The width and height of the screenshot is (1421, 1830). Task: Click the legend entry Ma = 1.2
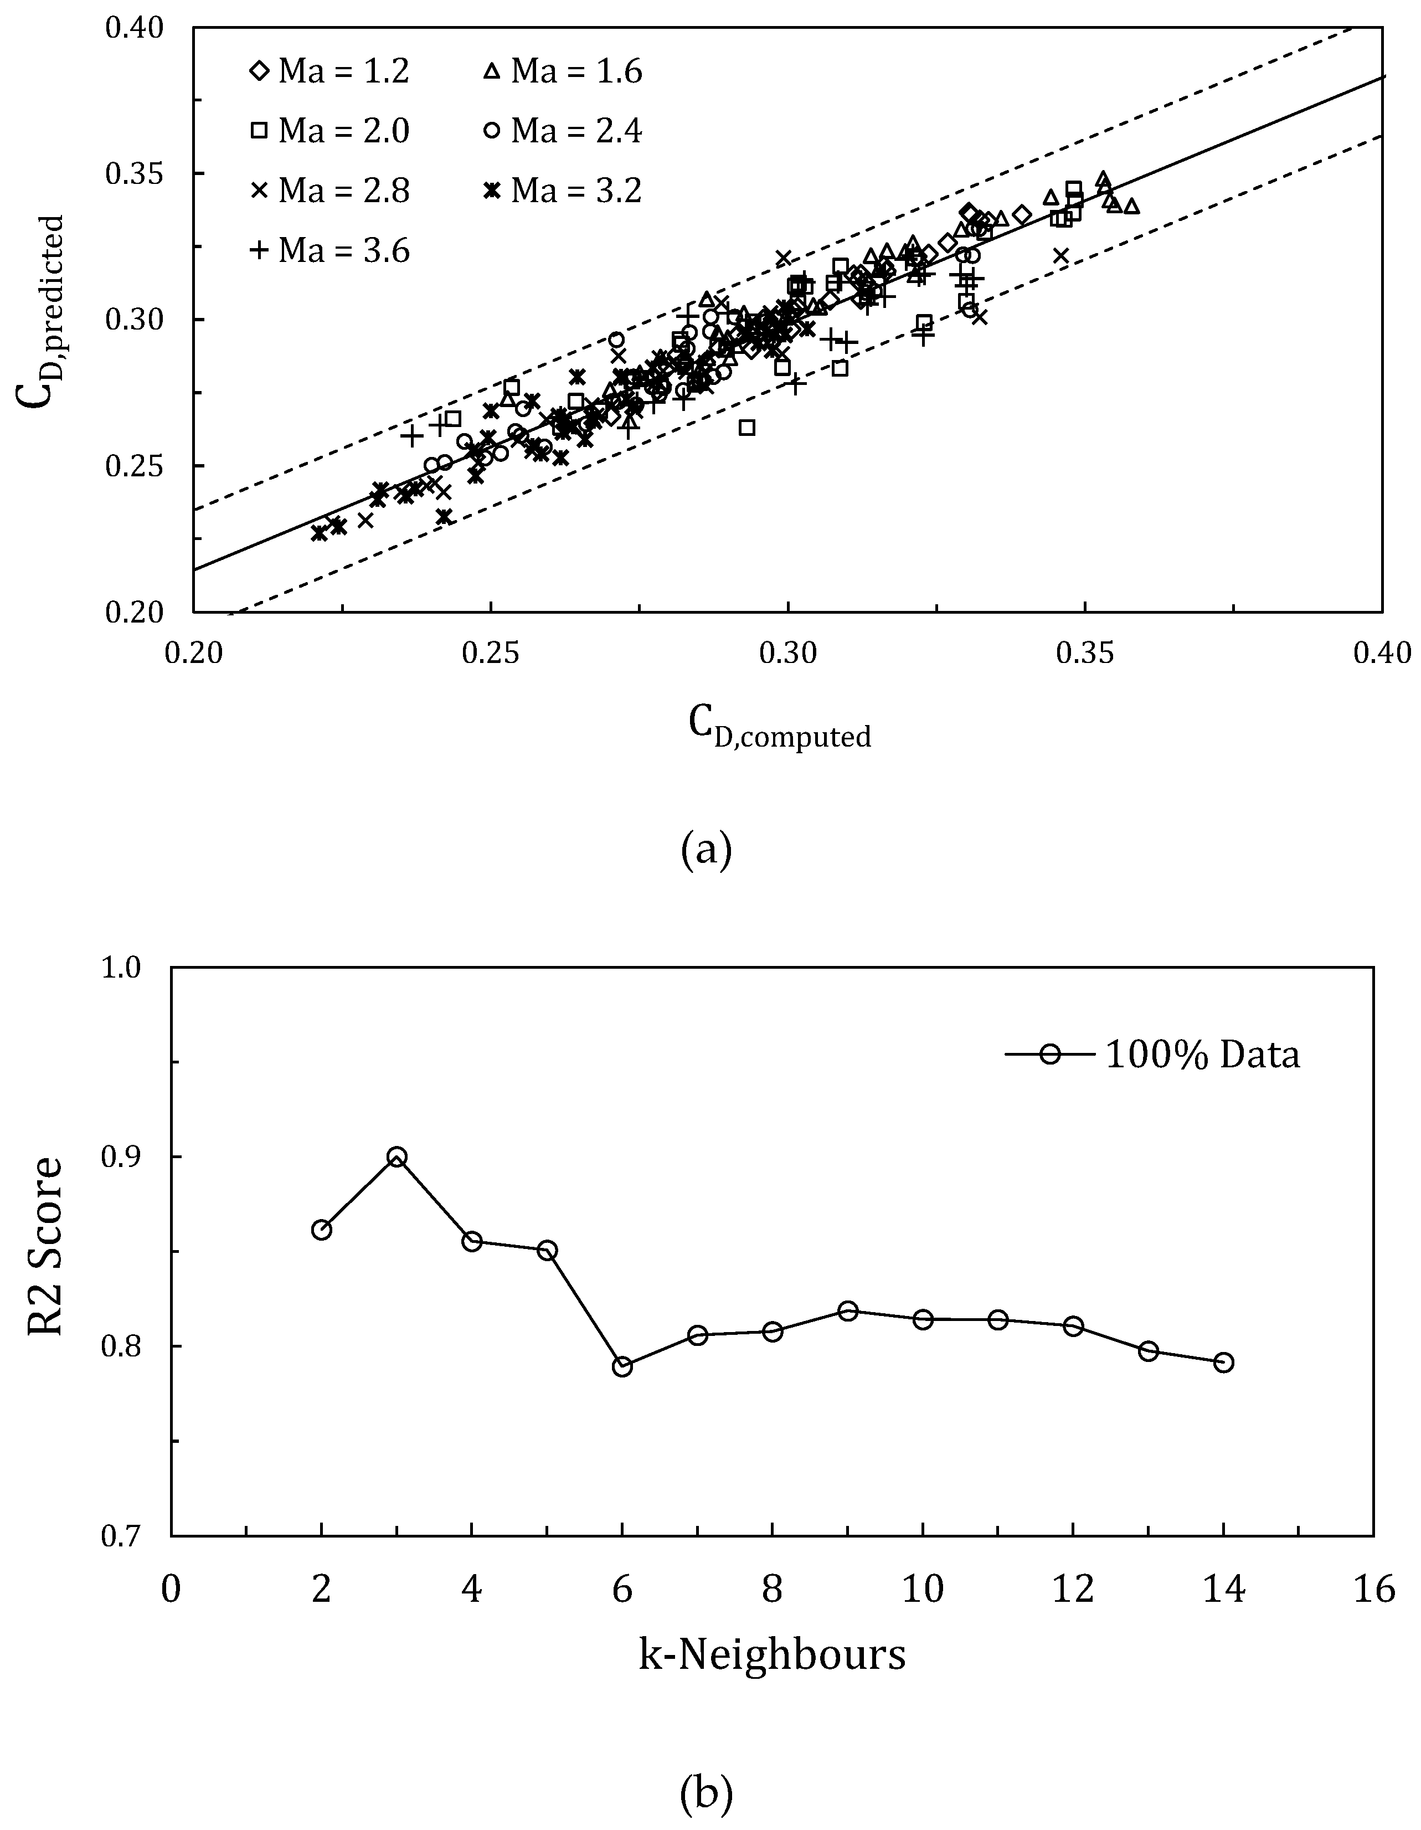click(330, 72)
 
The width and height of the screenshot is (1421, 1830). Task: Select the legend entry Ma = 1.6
click(563, 72)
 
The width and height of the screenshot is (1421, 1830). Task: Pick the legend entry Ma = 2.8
click(330, 191)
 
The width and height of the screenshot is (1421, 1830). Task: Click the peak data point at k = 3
click(397, 1157)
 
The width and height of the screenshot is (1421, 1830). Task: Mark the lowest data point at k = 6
click(622, 1366)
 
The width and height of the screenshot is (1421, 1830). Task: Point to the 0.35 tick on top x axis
click(1085, 654)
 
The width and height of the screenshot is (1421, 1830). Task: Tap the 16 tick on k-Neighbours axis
click(1372, 1589)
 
